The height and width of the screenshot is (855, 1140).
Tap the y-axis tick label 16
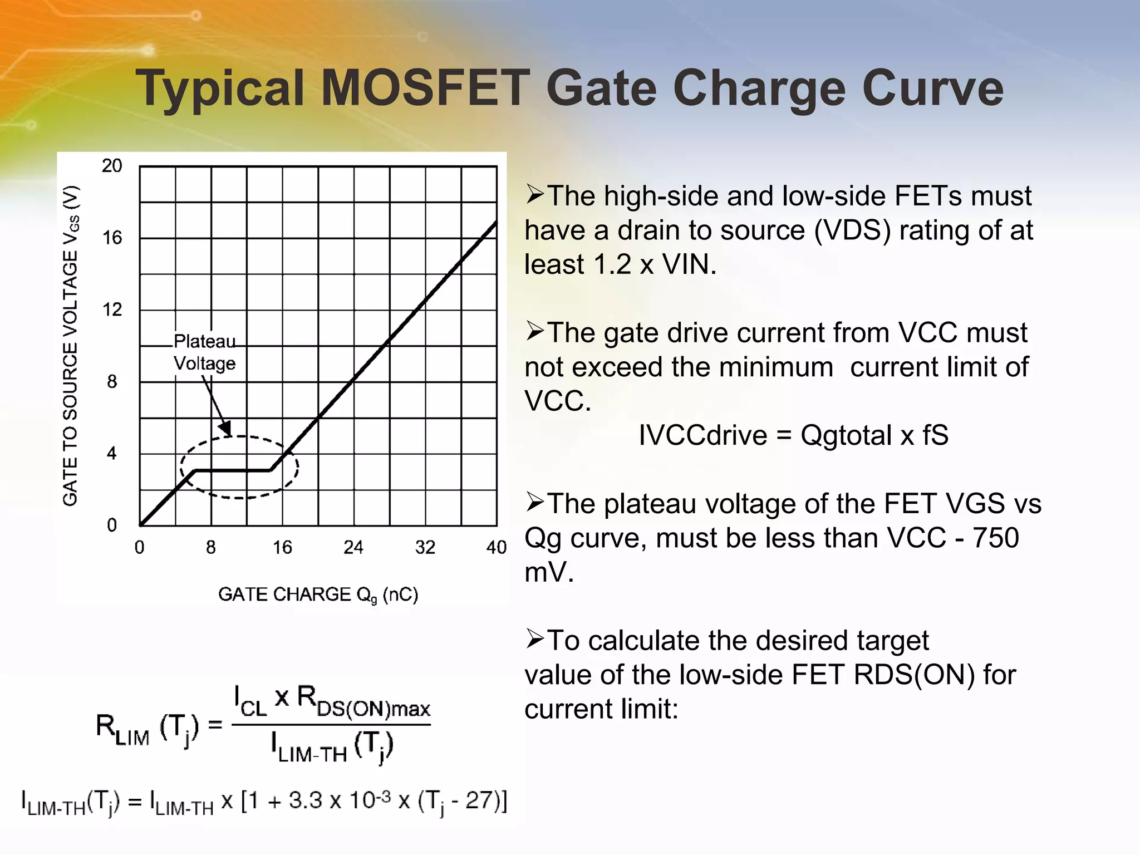click(112, 238)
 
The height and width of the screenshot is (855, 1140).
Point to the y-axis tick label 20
click(112, 166)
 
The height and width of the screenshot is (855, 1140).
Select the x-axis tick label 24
click(353, 548)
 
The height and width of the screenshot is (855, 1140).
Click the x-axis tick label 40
click(496, 548)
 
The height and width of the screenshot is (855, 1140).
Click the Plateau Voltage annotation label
click(204, 352)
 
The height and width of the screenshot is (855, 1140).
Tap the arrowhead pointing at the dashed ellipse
click(225, 428)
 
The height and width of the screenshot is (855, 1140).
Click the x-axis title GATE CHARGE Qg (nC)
click(318, 595)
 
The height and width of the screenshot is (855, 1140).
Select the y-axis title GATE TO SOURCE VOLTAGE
click(71, 345)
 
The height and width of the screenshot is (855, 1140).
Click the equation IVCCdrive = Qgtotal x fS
click(793, 435)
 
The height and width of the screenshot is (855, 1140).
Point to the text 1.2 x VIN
click(655, 264)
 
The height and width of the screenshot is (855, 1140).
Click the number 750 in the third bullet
click(996, 538)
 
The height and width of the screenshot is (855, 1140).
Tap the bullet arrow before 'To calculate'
click(534, 640)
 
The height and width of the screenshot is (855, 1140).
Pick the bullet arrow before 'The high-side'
click(534, 195)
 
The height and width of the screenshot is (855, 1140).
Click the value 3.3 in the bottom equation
click(306, 801)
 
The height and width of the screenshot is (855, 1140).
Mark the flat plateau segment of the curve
click(233, 471)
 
